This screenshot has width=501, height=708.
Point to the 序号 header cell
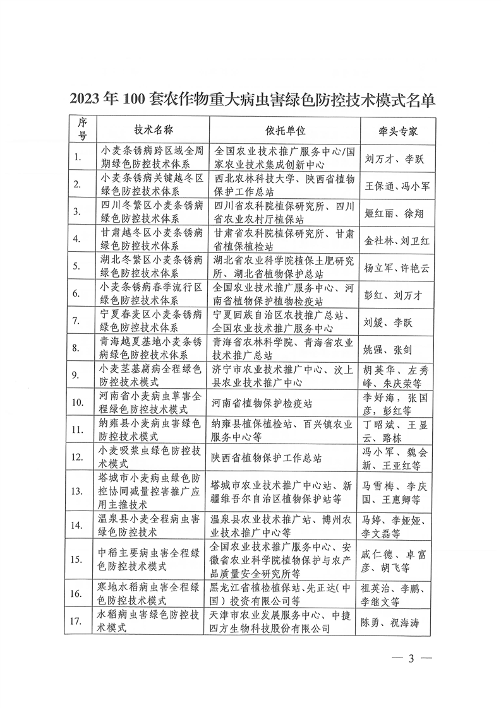tap(81, 130)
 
